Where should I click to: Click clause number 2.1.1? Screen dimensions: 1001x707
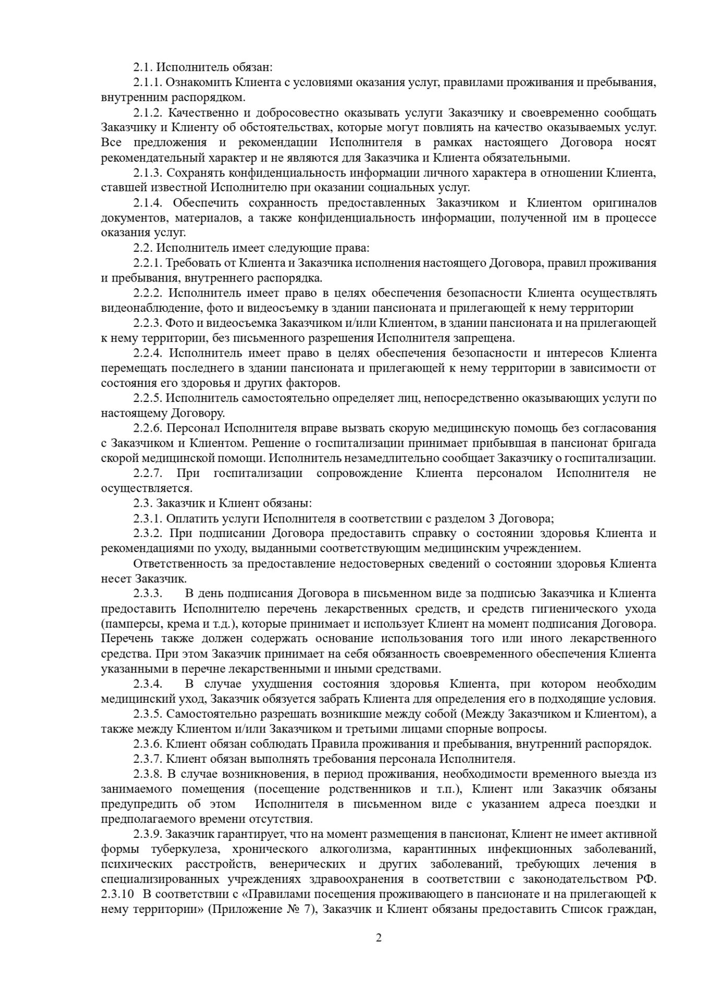pos(149,82)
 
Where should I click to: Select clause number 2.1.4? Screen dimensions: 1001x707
pos(149,203)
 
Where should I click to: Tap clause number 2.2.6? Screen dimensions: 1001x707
pos(149,429)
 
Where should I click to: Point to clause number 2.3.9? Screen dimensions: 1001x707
pos(149,834)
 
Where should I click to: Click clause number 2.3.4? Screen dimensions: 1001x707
pos(149,684)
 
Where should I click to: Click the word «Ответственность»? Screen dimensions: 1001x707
pos(182,564)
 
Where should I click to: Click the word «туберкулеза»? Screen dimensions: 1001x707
pos(187,849)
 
